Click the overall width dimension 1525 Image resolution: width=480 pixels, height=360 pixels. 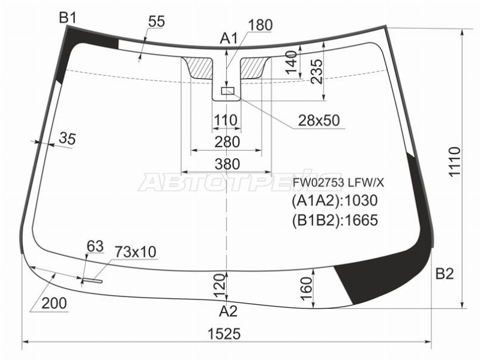(x=224, y=334)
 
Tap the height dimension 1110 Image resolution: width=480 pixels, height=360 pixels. (x=455, y=161)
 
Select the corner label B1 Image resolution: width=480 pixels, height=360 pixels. (x=67, y=18)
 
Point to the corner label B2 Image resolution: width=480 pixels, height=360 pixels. (x=444, y=274)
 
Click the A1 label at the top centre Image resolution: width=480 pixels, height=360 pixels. (x=229, y=39)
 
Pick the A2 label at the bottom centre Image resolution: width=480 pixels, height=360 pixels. (x=229, y=311)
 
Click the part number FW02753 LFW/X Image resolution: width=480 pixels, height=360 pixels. (x=338, y=183)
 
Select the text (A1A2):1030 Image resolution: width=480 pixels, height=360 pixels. (x=335, y=201)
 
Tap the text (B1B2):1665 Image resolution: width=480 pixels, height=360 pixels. (x=335, y=220)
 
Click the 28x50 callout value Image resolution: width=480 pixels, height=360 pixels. (x=319, y=121)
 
